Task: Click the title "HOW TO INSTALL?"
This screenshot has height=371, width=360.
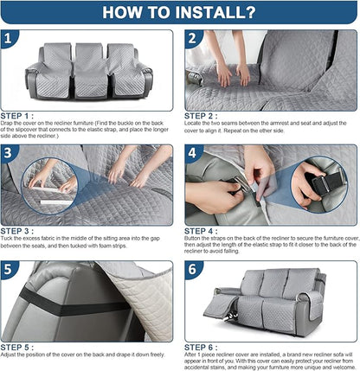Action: tap(180, 13)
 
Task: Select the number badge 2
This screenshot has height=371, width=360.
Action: tap(192, 39)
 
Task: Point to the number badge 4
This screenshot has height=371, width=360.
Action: tap(192, 153)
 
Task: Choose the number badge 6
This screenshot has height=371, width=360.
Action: tap(192, 269)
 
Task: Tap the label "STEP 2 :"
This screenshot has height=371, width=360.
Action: tap(201, 115)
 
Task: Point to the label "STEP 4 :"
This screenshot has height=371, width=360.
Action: tap(201, 229)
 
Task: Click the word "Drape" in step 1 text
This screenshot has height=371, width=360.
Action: tap(9, 123)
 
